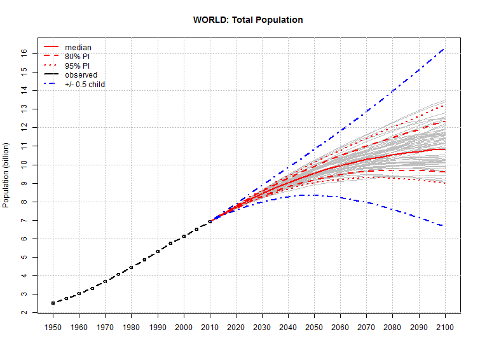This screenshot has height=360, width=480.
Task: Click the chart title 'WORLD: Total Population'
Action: coord(248,20)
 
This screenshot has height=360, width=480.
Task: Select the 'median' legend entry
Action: coord(78,47)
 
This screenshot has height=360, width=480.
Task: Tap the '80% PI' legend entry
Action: coord(78,56)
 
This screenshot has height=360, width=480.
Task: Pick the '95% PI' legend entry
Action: coord(78,66)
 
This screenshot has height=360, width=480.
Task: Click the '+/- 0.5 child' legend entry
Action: coord(85,84)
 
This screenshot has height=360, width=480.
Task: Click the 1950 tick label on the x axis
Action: coord(53,327)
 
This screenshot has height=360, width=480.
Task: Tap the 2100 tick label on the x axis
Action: coord(445,327)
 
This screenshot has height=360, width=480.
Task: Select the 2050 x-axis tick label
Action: coord(315,327)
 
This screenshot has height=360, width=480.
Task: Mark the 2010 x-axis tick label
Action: coord(210,327)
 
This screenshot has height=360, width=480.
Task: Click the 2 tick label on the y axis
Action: coord(24,313)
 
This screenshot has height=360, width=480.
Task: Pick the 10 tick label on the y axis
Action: coord(24,165)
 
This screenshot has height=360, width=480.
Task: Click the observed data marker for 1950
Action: coord(53,303)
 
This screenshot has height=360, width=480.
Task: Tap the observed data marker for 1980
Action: coord(131,267)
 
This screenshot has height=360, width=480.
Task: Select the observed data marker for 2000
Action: coord(184,236)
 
